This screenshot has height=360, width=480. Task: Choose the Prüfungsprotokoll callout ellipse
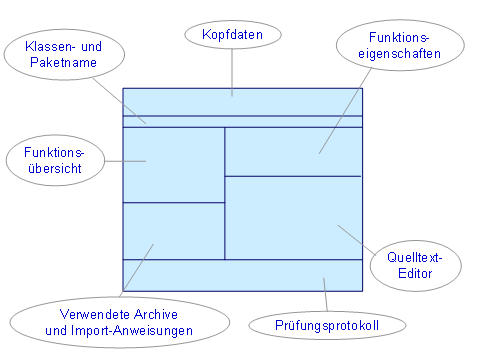tap(328, 325)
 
